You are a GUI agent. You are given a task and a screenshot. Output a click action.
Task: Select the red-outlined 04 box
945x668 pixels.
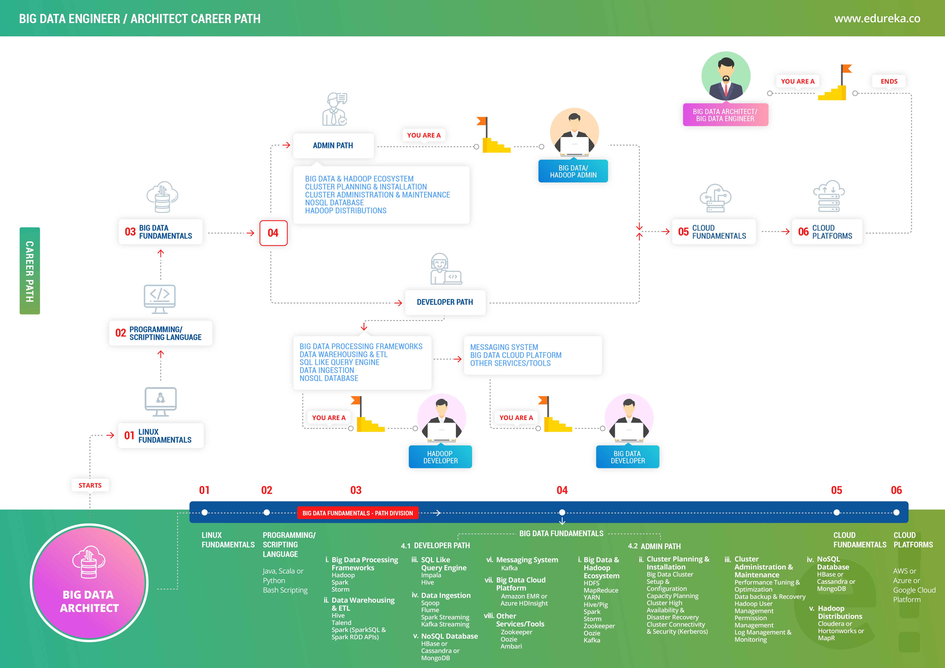point(273,233)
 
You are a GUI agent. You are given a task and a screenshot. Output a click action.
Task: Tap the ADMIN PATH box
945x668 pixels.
point(333,145)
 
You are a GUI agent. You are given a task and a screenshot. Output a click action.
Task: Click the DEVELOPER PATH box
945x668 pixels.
point(445,302)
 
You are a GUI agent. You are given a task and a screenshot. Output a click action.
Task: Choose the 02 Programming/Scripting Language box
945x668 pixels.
point(161,333)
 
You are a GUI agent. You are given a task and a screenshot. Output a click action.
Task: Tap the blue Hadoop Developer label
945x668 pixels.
point(440,457)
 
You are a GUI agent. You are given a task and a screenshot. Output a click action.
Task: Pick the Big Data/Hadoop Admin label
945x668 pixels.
point(573,171)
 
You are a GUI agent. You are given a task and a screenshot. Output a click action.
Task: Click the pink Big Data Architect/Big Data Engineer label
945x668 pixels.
point(725,115)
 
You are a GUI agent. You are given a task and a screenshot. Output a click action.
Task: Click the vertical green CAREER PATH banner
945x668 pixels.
point(30,271)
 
